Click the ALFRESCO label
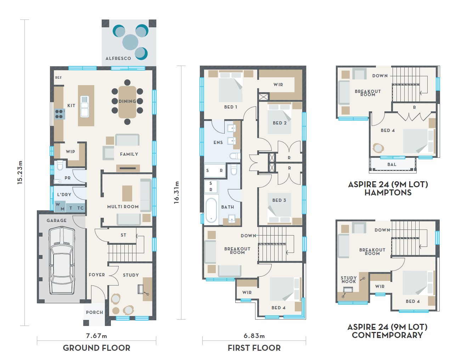tap(118, 58)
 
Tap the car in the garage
tap(62, 260)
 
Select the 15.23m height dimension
tap(20, 172)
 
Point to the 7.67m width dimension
tap(96, 336)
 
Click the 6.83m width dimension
tap(254, 336)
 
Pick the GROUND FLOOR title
tap(96, 348)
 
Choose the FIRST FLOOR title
tap(254, 348)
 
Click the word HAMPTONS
tap(388, 192)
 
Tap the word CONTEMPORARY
tap(387, 335)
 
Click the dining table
tap(127, 102)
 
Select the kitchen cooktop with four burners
tap(59, 114)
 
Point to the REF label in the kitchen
tap(58, 78)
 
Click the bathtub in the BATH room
tap(211, 210)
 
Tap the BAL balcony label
tap(392, 165)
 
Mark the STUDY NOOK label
tap(349, 279)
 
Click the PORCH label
tap(95, 312)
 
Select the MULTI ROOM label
tap(123, 207)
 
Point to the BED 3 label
tap(279, 200)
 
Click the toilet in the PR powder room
tap(60, 165)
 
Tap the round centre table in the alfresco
tap(130, 42)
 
